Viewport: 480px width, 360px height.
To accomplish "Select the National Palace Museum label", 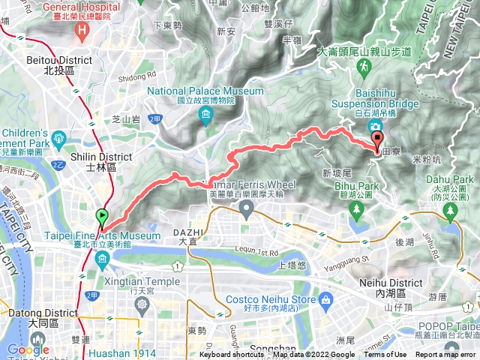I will click(x=205, y=95).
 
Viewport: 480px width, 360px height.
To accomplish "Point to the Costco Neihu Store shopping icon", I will click(x=325, y=300).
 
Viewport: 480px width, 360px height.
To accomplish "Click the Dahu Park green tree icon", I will click(x=451, y=211).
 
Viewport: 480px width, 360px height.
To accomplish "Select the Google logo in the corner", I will click(x=28, y=349).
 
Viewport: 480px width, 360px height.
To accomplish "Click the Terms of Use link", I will click(x=385, y=355).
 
